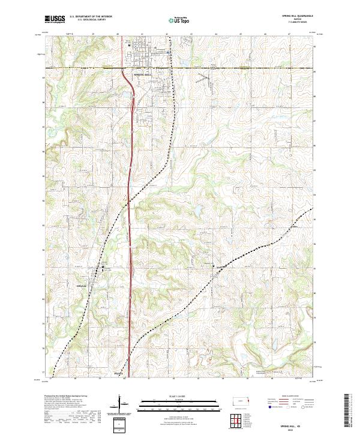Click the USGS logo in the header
(55, 19)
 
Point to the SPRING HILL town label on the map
(139, 73)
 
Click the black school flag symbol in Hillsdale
(102, 266)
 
